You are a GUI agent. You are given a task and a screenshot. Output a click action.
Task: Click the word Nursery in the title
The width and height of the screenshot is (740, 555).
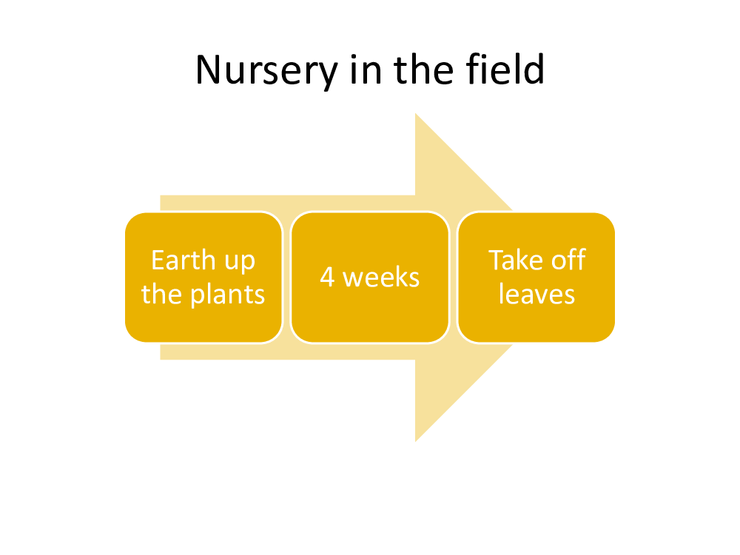(x=266, y=71)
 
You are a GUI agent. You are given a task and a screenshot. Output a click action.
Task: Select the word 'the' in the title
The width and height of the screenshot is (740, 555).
(x=424, y=70)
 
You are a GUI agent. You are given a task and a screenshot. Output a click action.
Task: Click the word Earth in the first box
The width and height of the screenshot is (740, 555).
(x=184, y=260)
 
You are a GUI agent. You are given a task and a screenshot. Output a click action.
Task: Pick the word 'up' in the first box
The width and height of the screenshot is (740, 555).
(x=240, y=262)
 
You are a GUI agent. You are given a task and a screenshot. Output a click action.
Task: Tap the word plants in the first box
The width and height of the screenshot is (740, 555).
(x=227, y=295)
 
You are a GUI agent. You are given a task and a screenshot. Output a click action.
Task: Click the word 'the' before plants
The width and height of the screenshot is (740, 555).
(x=161, y=294)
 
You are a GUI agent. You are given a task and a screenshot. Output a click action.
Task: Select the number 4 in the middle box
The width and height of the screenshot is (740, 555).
(x=327, y=277)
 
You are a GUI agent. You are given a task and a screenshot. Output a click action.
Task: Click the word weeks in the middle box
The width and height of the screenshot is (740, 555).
(x=381, y=277)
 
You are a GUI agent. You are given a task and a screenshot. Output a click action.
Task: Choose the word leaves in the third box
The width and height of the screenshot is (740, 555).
(x=536, y=294)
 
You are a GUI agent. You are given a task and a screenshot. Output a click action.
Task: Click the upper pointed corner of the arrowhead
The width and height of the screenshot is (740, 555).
(x=416, y=114)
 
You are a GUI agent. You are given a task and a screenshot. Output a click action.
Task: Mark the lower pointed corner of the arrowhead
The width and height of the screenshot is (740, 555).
(x=416, y=441)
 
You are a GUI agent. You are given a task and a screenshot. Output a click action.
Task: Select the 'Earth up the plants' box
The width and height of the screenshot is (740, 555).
(x=203, y=277)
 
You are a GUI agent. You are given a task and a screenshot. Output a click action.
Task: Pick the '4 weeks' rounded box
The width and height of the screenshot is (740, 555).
(x=370, y=277)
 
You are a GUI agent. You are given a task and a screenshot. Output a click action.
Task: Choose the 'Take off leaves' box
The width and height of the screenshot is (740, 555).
(x=536, y=277)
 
